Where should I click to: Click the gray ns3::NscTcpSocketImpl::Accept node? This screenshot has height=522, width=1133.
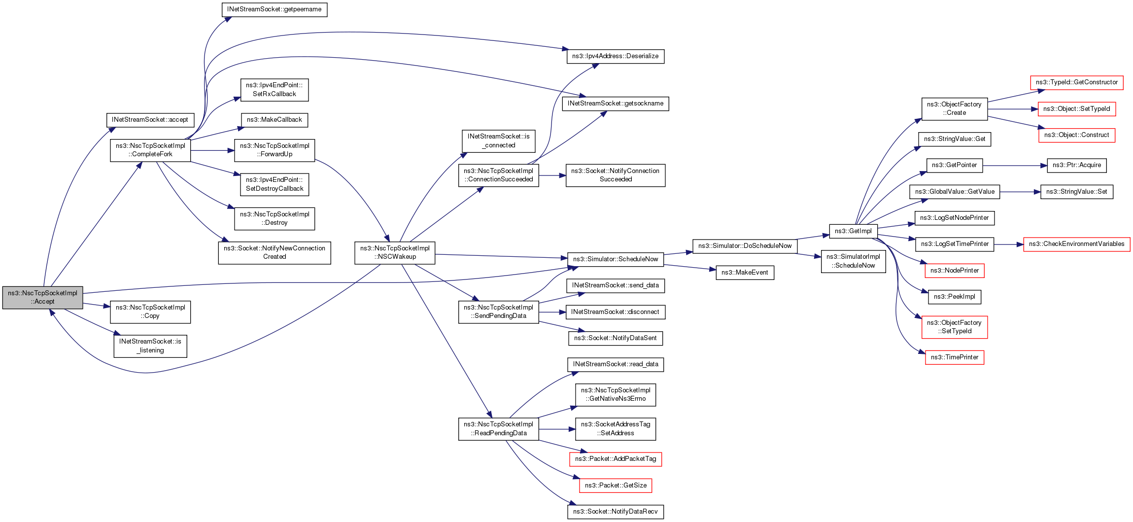tap(42, 297)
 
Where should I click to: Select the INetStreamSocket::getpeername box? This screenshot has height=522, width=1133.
tap(274, 9)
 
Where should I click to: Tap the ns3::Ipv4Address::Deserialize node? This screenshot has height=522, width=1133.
tap(615, 56)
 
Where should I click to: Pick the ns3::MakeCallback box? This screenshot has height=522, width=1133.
tap(274, 120)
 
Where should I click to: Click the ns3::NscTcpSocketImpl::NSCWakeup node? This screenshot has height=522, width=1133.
tap(395, 252)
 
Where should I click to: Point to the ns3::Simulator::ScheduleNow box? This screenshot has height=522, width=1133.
tap(615, 259)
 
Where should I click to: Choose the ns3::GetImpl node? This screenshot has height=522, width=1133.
tap(853, 231)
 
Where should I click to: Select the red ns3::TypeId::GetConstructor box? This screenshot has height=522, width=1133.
tap(1076, 82)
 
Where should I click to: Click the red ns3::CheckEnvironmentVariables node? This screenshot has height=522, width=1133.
tap(1076, 244)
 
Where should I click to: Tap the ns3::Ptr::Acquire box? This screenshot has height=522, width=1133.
tap(1076, 165)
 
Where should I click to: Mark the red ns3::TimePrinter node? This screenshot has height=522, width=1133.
tap(954, 357)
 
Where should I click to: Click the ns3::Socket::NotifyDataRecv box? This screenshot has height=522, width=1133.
tap(615, 512)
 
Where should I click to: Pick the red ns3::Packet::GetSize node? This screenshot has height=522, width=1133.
tap(615, 486)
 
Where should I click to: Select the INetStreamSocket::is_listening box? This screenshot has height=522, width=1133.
tap(150, 346)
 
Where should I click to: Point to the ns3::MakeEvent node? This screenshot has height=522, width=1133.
tap(744, 273)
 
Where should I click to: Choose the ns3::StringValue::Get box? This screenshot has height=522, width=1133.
tap(954, 139)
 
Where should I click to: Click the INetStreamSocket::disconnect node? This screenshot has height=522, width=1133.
tap(615, 312)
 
